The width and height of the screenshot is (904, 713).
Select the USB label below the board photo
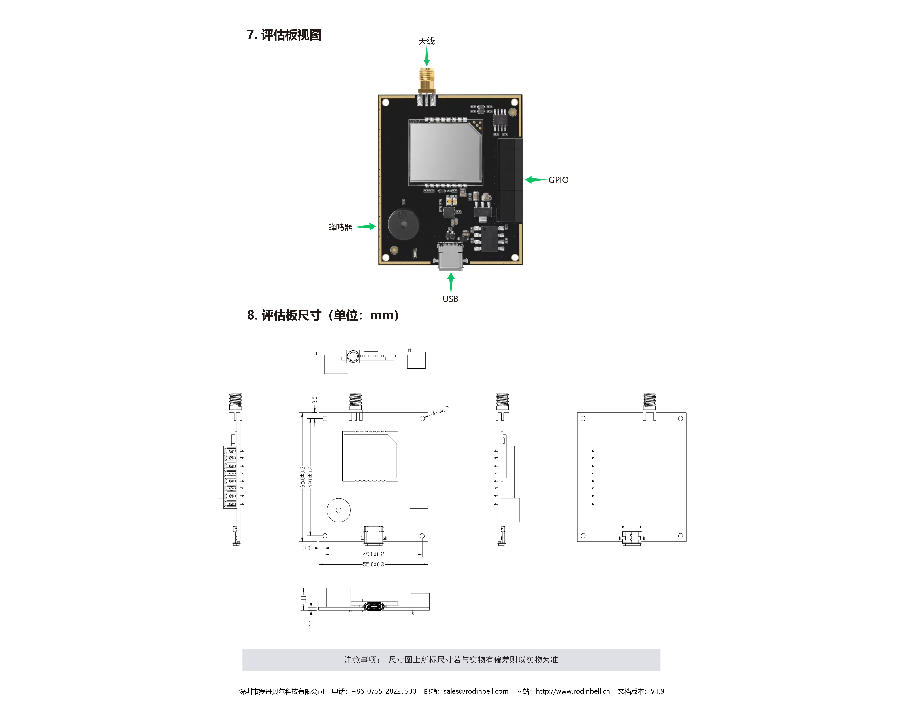click(450, 299)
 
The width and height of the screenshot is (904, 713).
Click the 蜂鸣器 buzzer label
click(340, 227)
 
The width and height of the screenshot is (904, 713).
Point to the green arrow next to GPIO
click(536, 180)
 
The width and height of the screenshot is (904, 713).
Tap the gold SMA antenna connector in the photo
click(427, 84)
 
